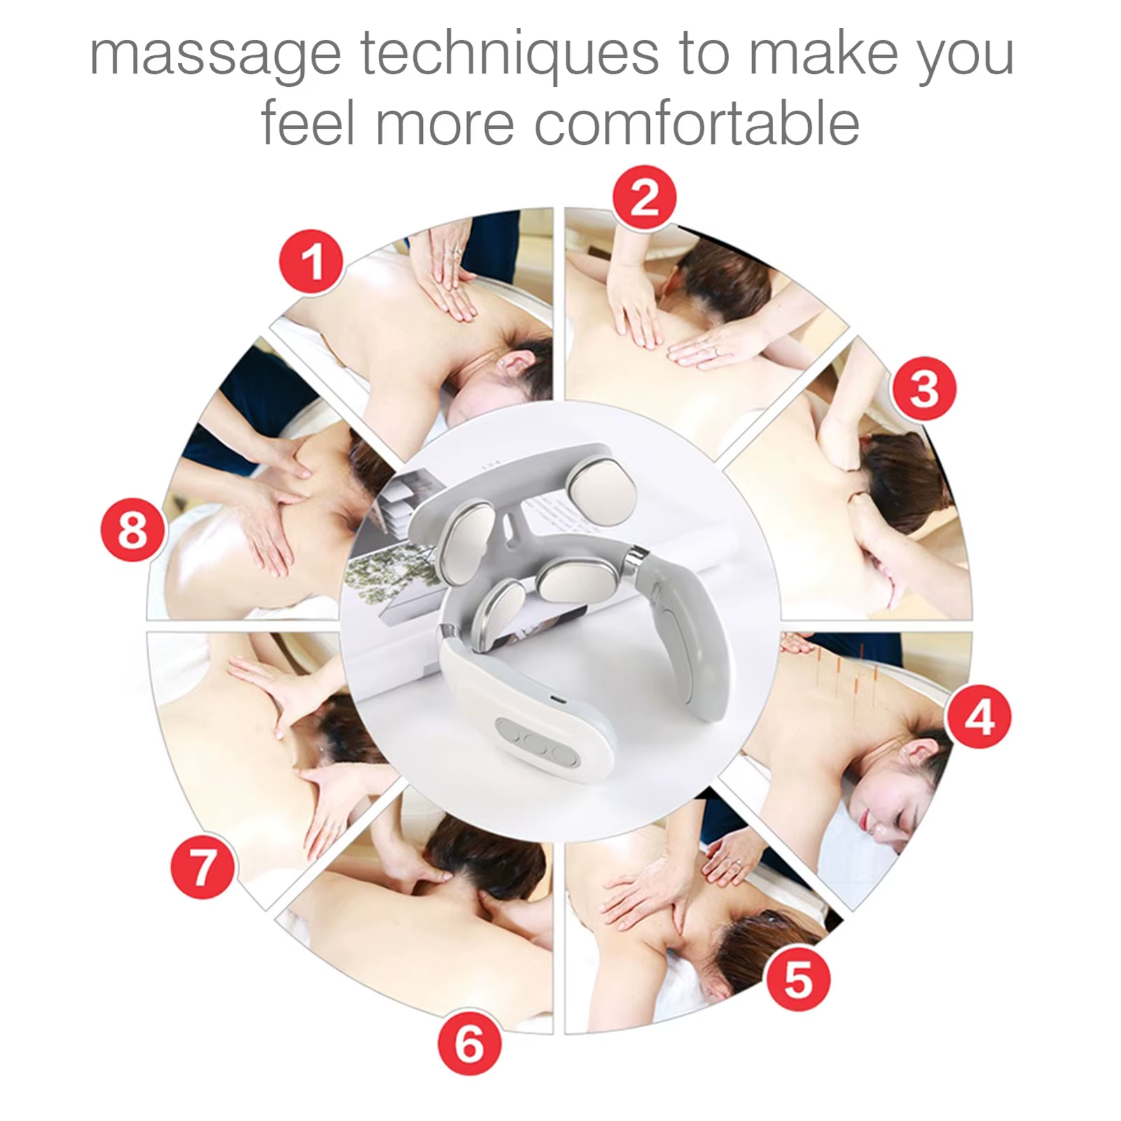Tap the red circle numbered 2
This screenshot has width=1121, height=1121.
(644, 197)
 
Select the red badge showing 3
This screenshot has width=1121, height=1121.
(924, 389)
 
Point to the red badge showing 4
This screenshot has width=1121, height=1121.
(978, 717)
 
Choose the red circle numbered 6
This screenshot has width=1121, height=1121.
(469, 1043)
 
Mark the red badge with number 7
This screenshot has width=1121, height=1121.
(202, 867)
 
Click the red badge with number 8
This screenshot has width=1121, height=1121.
(133, 529)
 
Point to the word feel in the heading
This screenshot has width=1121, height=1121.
(308, 123)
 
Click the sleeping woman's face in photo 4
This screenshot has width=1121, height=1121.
(889, 816)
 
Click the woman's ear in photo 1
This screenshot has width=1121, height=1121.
(516, 362)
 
